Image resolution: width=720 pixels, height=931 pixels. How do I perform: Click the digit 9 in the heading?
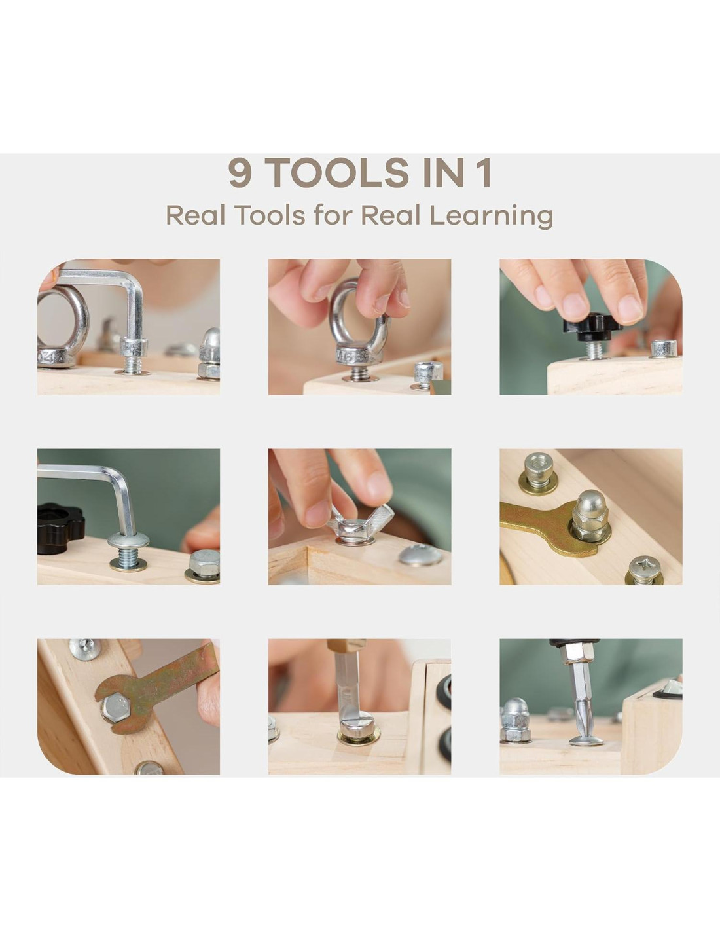coord(240,173)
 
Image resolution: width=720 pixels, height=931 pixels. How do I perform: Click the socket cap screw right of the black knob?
coord(664,348)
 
